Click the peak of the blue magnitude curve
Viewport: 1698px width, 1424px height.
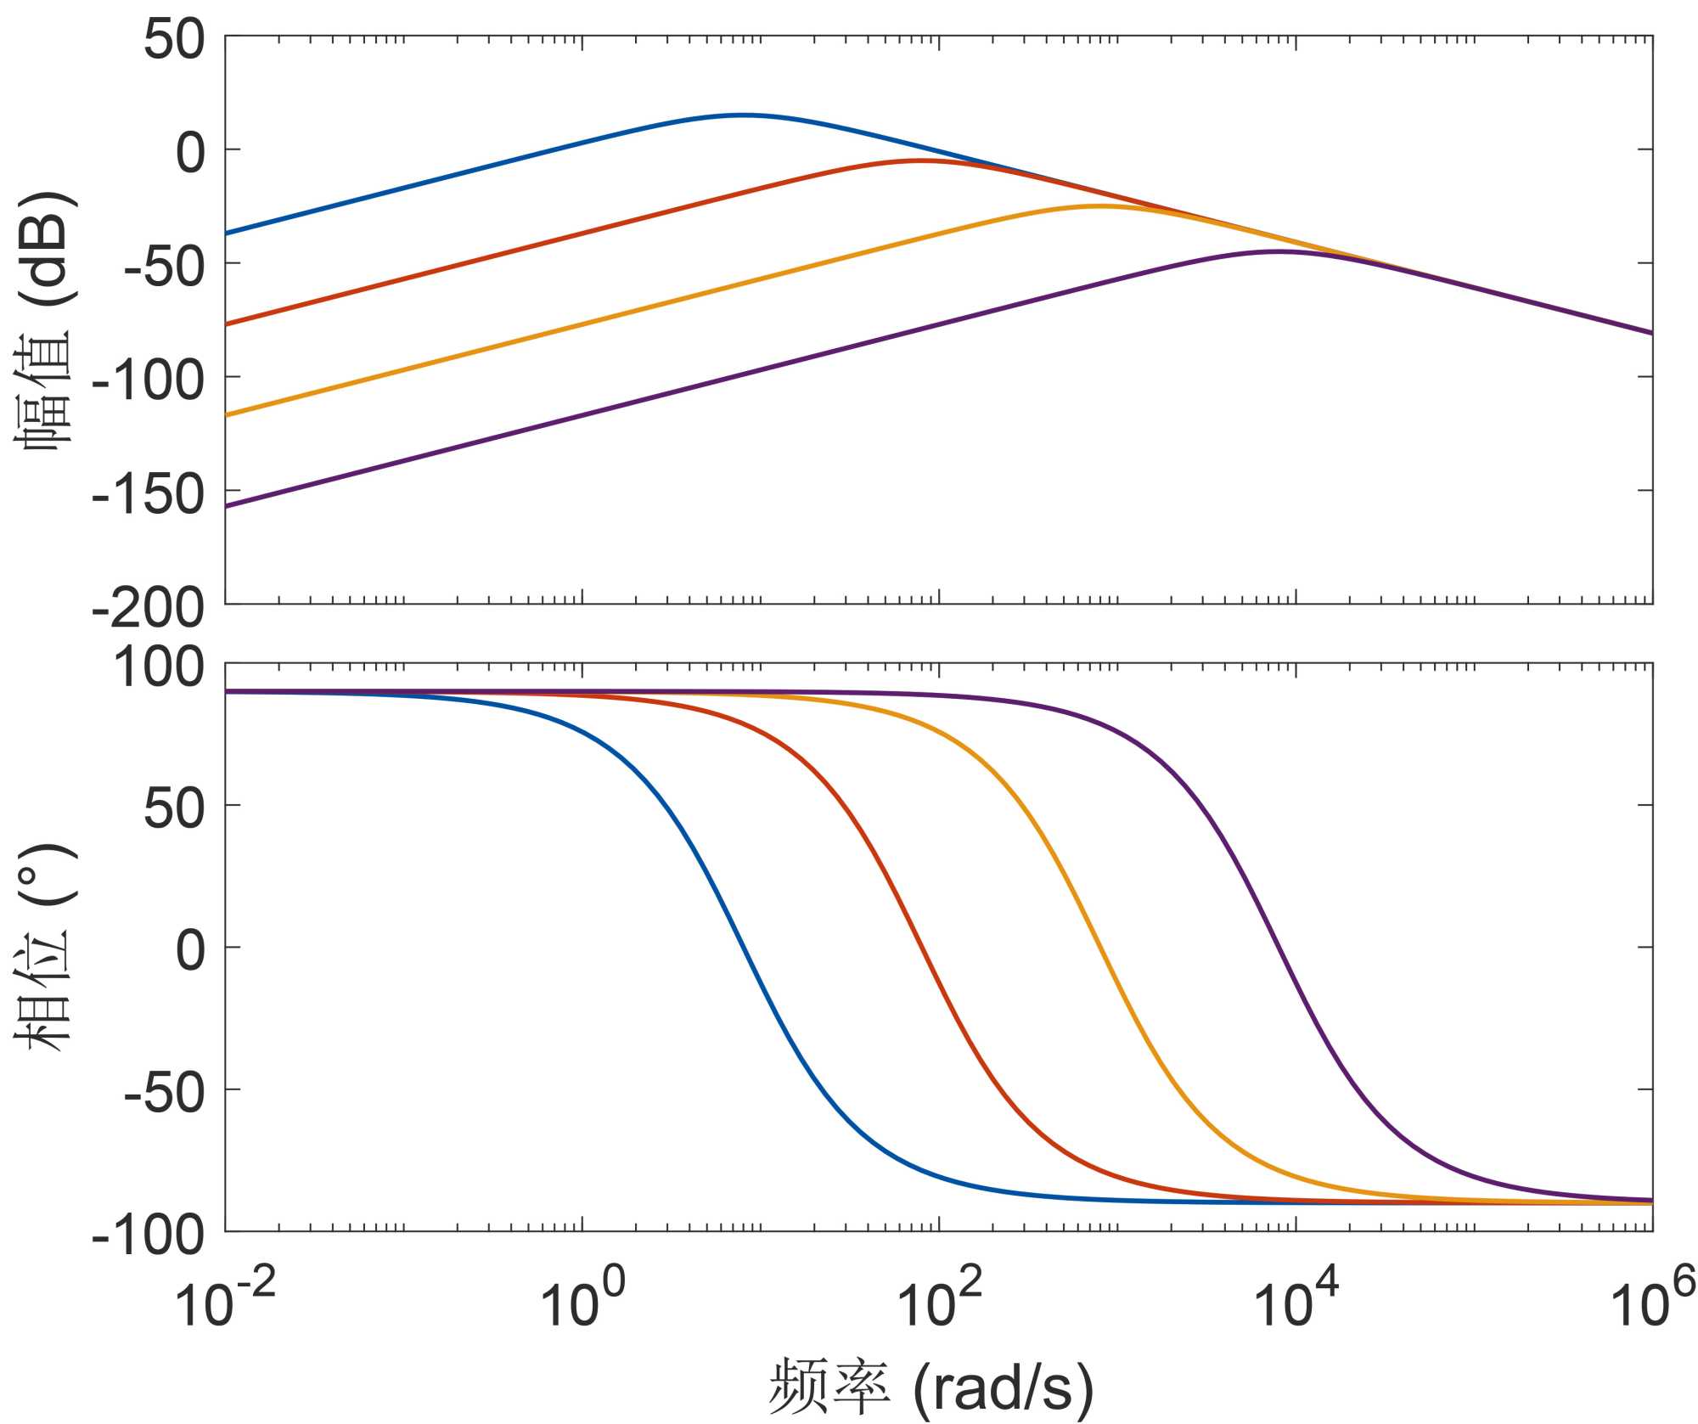(742, 115)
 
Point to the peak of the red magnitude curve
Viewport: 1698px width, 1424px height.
(920, 160)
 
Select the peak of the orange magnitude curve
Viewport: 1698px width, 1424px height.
(1099, 205)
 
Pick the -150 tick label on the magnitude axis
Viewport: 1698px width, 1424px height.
(149, 493)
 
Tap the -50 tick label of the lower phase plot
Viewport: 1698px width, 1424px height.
(164, 1092)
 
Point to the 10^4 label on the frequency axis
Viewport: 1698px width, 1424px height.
(1296, 1305)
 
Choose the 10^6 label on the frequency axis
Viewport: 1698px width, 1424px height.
(1652, 1305)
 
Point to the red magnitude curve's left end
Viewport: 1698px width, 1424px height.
(227, 324)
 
